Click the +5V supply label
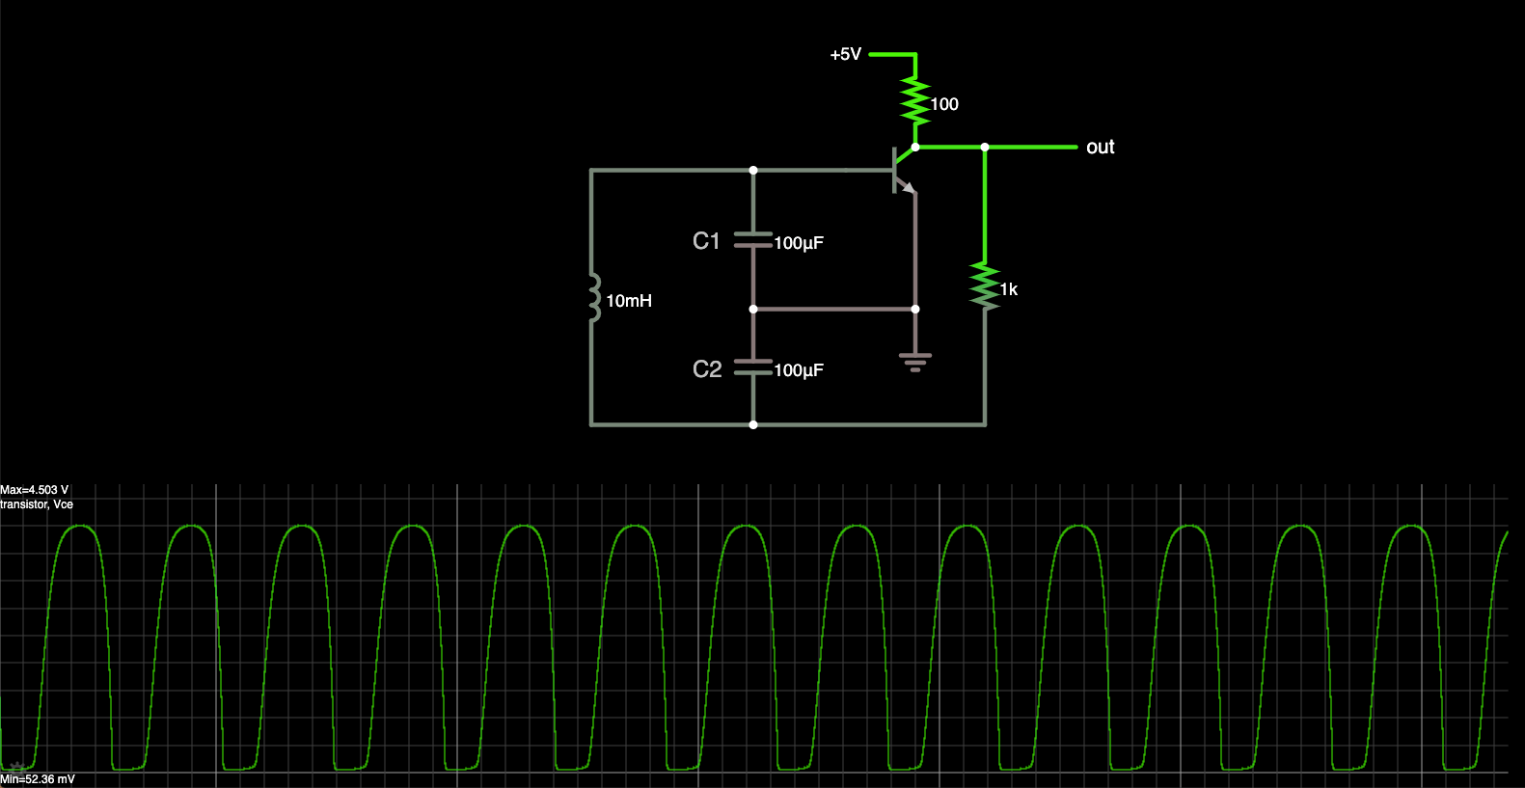[846, 55]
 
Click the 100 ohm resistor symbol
[914, 101]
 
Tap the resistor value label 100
[944, 104]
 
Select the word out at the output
[1100, 148]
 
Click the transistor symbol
[903, 171]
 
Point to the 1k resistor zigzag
[984, 287]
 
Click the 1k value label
[1009, 289]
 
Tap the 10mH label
[629, 301]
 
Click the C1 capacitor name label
[706, 241]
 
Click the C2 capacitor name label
[707, 369]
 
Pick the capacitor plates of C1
[752, 240]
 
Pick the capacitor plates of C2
[752, 367]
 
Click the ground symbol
[914, 362]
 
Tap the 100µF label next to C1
[799, 243]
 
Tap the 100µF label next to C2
[799, 370]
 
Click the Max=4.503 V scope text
[35, 490]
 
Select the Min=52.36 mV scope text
[38, 779]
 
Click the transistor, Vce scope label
[37, 504]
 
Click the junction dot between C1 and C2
[753, 309]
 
